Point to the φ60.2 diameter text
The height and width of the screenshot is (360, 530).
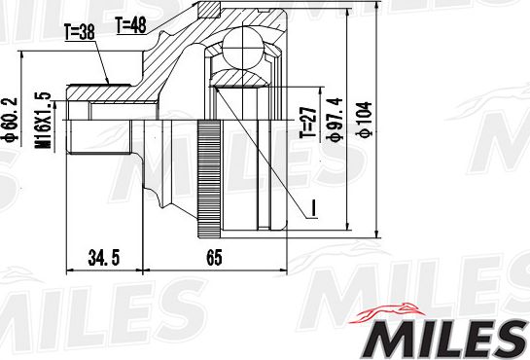(10, 118)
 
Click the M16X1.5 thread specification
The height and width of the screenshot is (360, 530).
(43, 121)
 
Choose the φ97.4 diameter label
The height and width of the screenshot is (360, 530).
(336, 121)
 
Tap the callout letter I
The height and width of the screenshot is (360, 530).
(315, 207)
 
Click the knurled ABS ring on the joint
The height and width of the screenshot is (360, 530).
(206, 180)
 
